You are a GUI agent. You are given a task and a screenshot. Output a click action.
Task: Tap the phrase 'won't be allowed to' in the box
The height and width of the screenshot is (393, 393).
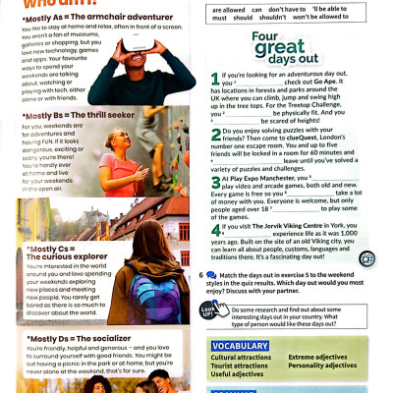click(350, 17)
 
